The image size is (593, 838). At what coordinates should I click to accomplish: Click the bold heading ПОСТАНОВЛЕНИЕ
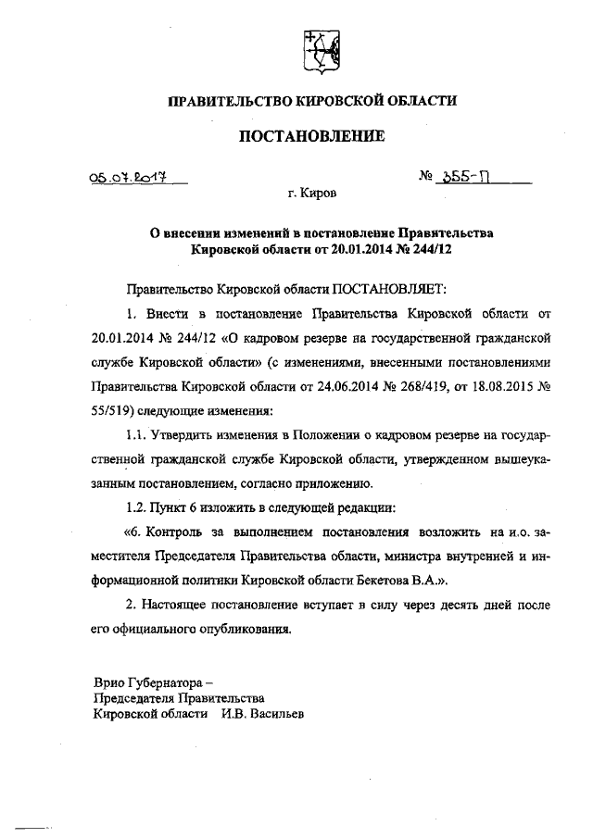(x=310, y=138)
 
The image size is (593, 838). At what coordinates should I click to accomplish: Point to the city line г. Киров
(x=311, y=195)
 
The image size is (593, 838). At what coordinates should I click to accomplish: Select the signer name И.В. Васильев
(x=262, y=715)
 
